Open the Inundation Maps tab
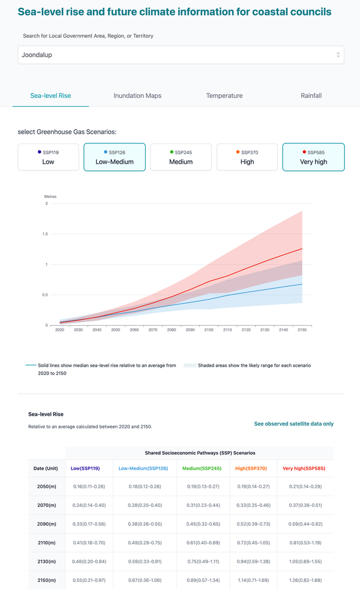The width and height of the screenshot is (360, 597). [x=137, y=95]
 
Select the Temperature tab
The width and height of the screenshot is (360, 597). [x=224, y=95]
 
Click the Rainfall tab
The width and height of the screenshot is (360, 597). [x=311, y=95]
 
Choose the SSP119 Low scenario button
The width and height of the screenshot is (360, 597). [x=49, y=157]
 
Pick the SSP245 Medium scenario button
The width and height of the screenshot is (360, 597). [x=181, y=157]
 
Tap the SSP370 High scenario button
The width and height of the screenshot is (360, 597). [x=247, y=157]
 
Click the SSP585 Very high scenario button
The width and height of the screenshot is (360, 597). [x=314, y=157]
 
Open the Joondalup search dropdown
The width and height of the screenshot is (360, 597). [x=181, y=55]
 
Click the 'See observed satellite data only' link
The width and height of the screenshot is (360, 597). [x=294, y=424]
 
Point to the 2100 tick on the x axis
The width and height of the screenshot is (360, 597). [x=209, y=326]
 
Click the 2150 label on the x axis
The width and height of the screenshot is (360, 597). [x=302, y=330]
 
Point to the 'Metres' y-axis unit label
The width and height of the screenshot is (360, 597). [x=50, y=196]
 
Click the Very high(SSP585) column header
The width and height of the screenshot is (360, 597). [x=304, y=469]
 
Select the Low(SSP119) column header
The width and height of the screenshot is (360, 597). [x=85, y=469]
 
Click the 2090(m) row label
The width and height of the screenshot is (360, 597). [x=46, y=524]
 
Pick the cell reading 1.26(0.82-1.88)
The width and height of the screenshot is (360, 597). [x=305, y=580]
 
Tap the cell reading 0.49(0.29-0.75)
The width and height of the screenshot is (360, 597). [x=145, y=542]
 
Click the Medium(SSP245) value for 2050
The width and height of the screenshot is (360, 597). [x=203, y=487]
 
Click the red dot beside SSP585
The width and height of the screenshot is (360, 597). [x=304, y=152]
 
